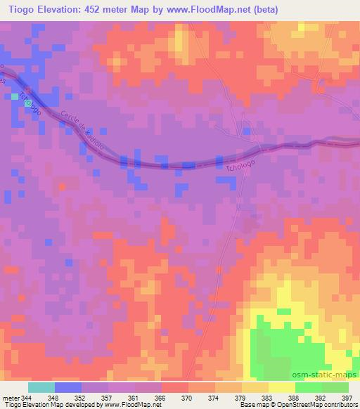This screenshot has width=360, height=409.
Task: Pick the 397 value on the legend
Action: (346, 396)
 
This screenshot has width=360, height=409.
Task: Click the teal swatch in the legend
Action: (41, 387)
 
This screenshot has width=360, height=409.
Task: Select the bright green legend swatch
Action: (308, 387)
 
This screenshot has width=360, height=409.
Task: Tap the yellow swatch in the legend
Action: (281, 387)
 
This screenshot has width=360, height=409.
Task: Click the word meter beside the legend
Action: (11, 396)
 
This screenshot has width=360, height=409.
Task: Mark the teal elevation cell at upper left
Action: (15, 96)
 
